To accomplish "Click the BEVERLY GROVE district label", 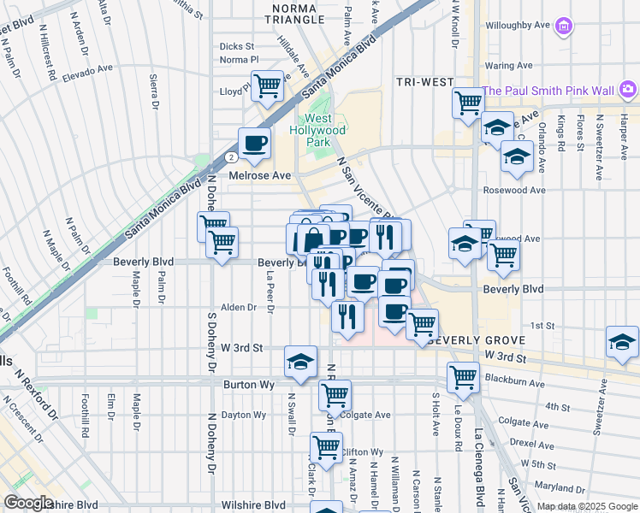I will pos(469,339).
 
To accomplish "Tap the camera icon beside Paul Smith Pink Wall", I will pos(628,89).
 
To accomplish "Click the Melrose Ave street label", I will pos(260,175).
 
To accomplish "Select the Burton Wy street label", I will pos(248,386).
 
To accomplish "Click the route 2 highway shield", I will pos(231,158).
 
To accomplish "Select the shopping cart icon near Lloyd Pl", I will pos(268,86).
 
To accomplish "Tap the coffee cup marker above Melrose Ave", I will pos(254,144).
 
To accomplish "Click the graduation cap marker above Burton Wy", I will pos(300,363).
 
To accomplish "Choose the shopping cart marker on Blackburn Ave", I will pos(463,377).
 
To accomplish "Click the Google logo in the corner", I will pos(29,503).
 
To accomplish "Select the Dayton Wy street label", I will pos(243,415).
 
